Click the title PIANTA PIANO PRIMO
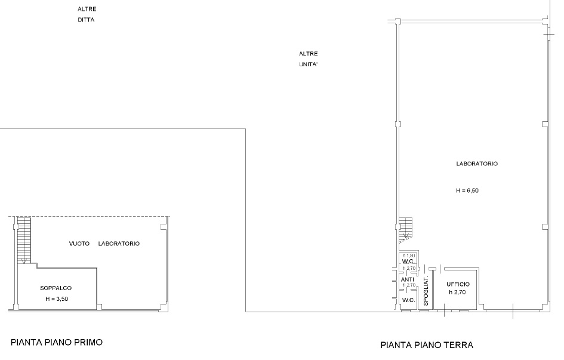[57, 342]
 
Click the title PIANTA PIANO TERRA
[427, 345]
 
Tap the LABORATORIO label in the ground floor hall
[477, 164]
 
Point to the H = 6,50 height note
[467, 190]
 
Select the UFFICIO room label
[458, 284]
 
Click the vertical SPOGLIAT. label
[426, 291]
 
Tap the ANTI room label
[407, 279]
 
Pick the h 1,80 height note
[409, 256]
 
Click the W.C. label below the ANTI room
[409, 300]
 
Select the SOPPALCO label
[56, 288]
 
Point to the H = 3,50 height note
[57, 299]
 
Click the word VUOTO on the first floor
[79, 244]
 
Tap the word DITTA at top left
[86, 20]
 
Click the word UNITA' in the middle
[308, 64]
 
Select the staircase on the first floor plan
[24, 240]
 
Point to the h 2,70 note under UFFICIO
[457, 292]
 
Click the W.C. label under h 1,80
[409, 261]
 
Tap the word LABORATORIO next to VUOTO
[119, 244]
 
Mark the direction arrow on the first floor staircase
[24, 261]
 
